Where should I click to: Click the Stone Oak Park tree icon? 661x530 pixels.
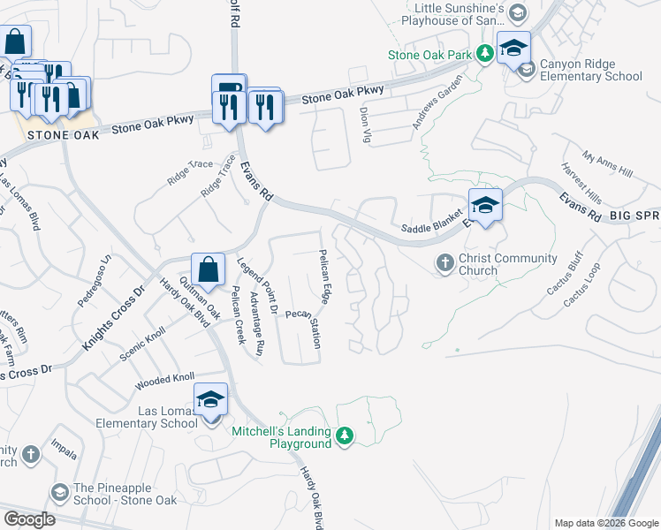tap(485, 55)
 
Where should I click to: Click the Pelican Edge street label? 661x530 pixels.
tap(324, 277)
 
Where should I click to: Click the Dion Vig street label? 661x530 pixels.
tap(365, 124)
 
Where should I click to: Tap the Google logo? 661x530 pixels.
tap(29, 519)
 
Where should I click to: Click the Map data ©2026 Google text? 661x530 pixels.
tap(605, 523)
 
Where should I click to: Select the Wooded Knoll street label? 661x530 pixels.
tap(164, 382)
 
